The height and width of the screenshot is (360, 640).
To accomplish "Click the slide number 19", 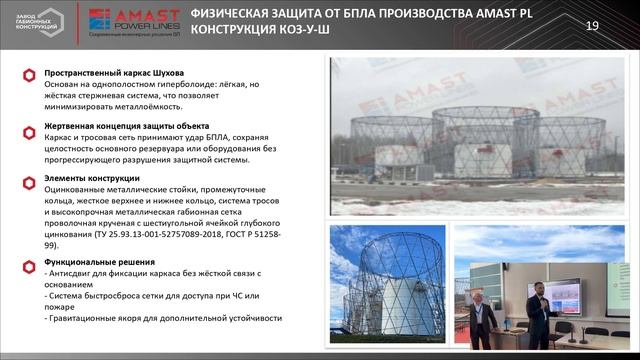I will point(591,25).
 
